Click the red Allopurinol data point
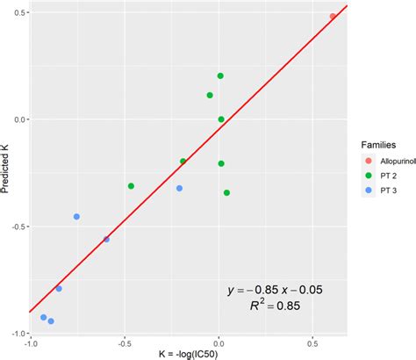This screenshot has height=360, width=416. point(333,16)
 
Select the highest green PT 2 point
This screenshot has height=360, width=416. point(220,76)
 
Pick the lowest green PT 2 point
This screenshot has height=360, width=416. point(226,192)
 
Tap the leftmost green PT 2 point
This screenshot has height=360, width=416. point(131,186)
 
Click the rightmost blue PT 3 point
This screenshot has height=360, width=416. point(179,188)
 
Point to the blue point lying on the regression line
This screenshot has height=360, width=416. point(106,239)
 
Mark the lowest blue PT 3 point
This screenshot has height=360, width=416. point(51,321)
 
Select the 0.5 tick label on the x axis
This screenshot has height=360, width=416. point(312,343)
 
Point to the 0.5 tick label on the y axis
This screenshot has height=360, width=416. point(18,12)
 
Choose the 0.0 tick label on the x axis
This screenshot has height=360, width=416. point(219,343)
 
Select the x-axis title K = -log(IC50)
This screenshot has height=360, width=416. point(189,354)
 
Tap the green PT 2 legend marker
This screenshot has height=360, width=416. point(369,175)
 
